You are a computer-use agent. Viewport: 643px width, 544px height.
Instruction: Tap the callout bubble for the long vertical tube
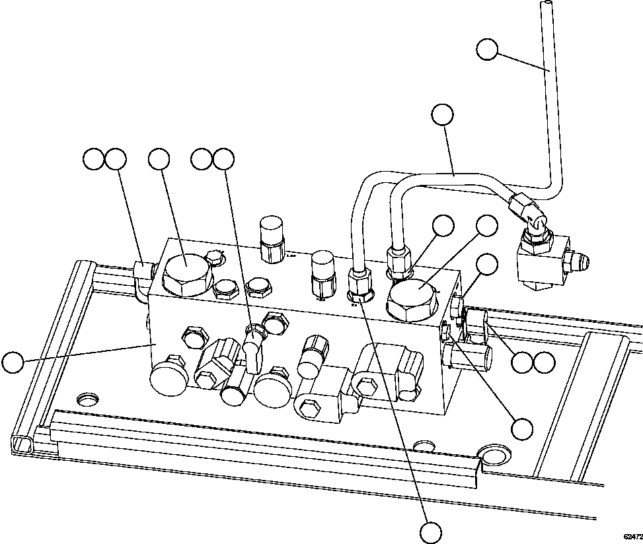pos(487,50)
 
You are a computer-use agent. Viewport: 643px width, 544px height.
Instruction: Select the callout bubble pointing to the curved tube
pos(442,115)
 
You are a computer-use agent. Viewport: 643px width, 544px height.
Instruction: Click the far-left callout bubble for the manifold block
pos(12,362)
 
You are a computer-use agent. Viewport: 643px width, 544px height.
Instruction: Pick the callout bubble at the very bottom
pos(431,531)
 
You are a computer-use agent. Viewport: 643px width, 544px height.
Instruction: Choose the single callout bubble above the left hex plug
pos(159,159)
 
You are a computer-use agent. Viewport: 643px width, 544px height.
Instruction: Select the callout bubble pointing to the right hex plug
pos(487,225)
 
